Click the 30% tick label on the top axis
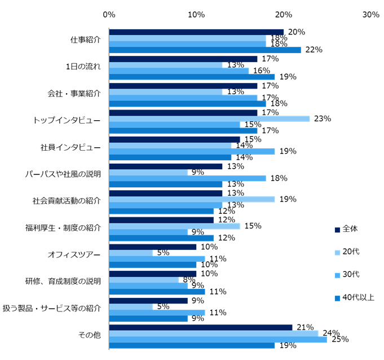[x=370, y=14]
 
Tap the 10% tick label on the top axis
[x=196, y=14]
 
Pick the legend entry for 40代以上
[x=357, y=297]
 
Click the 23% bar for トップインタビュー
[x=209, y=118]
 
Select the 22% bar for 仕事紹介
[x=205, y=50]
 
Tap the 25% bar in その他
[x=218, y=340]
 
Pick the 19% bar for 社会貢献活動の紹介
[x=192, y=199]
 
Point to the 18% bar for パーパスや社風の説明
[x=187, y=178]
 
